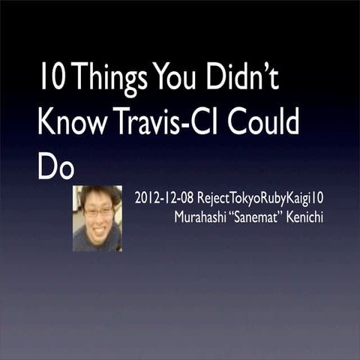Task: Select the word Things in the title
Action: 110,80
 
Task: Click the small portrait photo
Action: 97,218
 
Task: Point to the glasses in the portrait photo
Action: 98,212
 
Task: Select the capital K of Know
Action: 46,123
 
